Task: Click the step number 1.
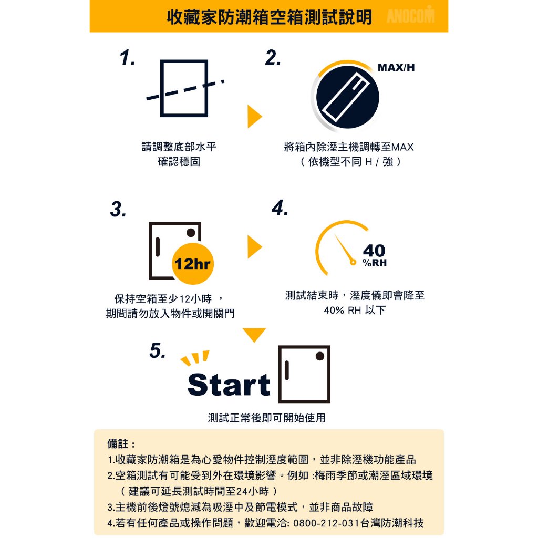[127, 57]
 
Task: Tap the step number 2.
[273, 57]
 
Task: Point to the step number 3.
[118, 209]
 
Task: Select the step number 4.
[280, 208]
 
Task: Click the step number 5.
[158, 350]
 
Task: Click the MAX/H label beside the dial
[396, 68]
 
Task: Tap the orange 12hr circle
[192, 264]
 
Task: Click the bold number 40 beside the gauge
[374, 251]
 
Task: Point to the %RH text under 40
[374, 263]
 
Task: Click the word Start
[229, 385]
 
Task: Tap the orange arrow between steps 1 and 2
[255, 117]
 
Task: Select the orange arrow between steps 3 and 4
[255, 247]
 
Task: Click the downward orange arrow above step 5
[254, 335]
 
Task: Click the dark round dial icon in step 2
[348, 97]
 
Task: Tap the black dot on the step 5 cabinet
[320, 356]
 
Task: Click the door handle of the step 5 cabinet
[287, 370]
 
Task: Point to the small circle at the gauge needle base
[353, 263]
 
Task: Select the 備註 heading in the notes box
[118, 443]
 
